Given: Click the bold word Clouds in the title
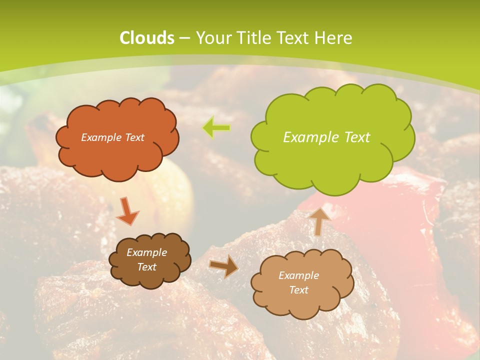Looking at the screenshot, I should pyautogui.click(x=146, y=38).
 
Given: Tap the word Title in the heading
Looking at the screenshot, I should pyautogui.click(x=253, y=38).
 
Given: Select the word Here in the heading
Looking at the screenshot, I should pyautogui.click(x=333, y=38).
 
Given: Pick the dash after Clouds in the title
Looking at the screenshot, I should pyautogui.click(x=184, y=38).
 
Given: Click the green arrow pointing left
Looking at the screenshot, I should pyautogui.click(x=216, y=128).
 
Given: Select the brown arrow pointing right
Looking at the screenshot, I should pyautogui.click(x=224, y=266).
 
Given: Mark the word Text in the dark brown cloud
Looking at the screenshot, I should pyautogui.click(x=147, y=267).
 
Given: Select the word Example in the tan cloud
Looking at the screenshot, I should pyautogui.click(x=298, y=275).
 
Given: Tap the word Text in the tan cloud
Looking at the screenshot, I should pyautogui.click(x=298, y=290).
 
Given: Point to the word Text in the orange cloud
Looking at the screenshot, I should pyautogui.click(x=134, y=137).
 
